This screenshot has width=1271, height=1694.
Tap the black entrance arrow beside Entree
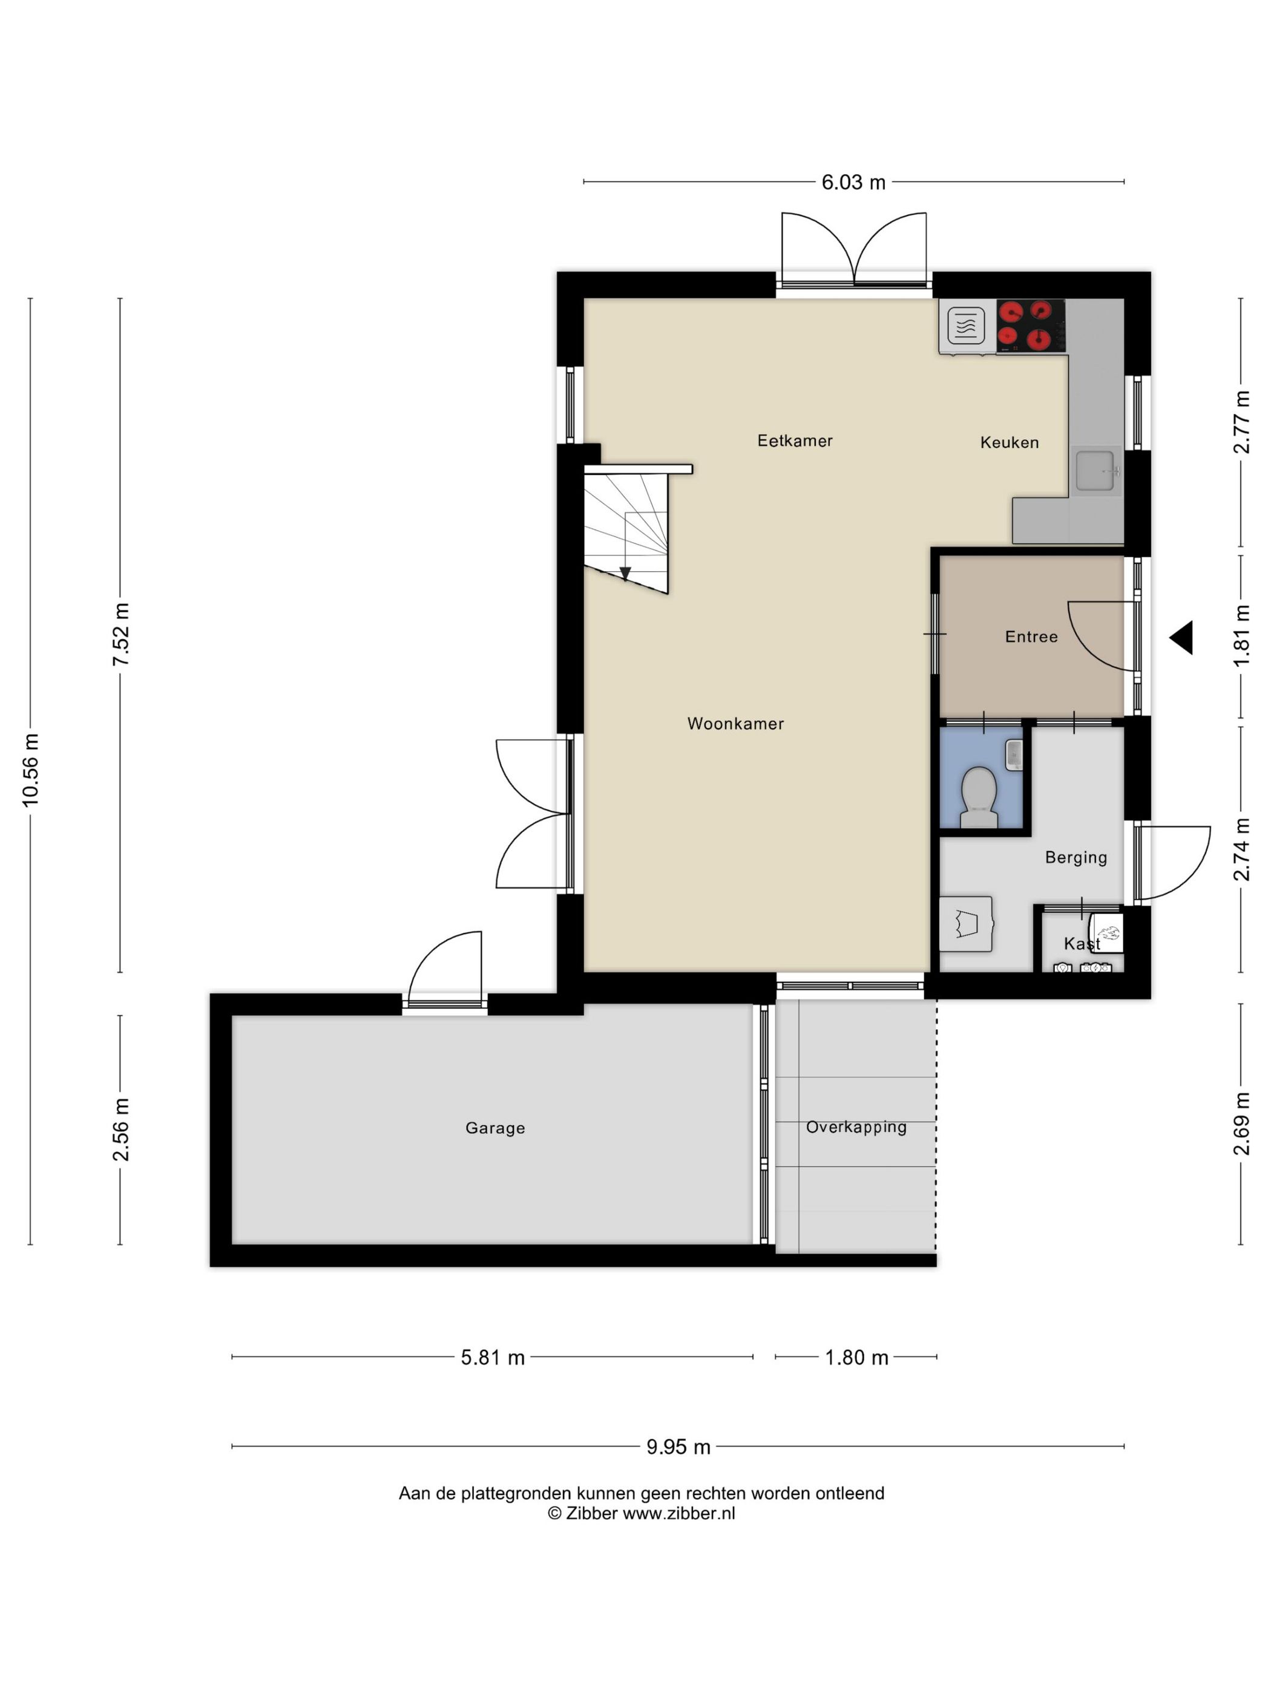click(1181, 637)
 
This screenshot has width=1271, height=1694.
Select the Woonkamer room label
click(735, 724)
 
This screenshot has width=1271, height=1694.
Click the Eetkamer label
click(795, 440)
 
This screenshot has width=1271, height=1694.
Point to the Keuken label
click(1009, 442)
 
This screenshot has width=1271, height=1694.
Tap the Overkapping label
click(856, 1127)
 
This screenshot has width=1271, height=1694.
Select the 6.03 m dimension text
click(853, 182)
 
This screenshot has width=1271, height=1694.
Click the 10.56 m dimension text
click(31, 770)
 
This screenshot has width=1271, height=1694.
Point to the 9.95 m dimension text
click(678, 1447)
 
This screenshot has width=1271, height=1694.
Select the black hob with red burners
click(1031, 325)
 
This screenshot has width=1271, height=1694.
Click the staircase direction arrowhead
click(625, 574)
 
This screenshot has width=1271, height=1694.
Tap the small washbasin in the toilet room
click(1014, 755)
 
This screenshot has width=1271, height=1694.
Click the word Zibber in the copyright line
click(591, 1513)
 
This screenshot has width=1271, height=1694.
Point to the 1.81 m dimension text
click(1242, 636)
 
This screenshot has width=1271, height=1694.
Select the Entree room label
click(1031, 636)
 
